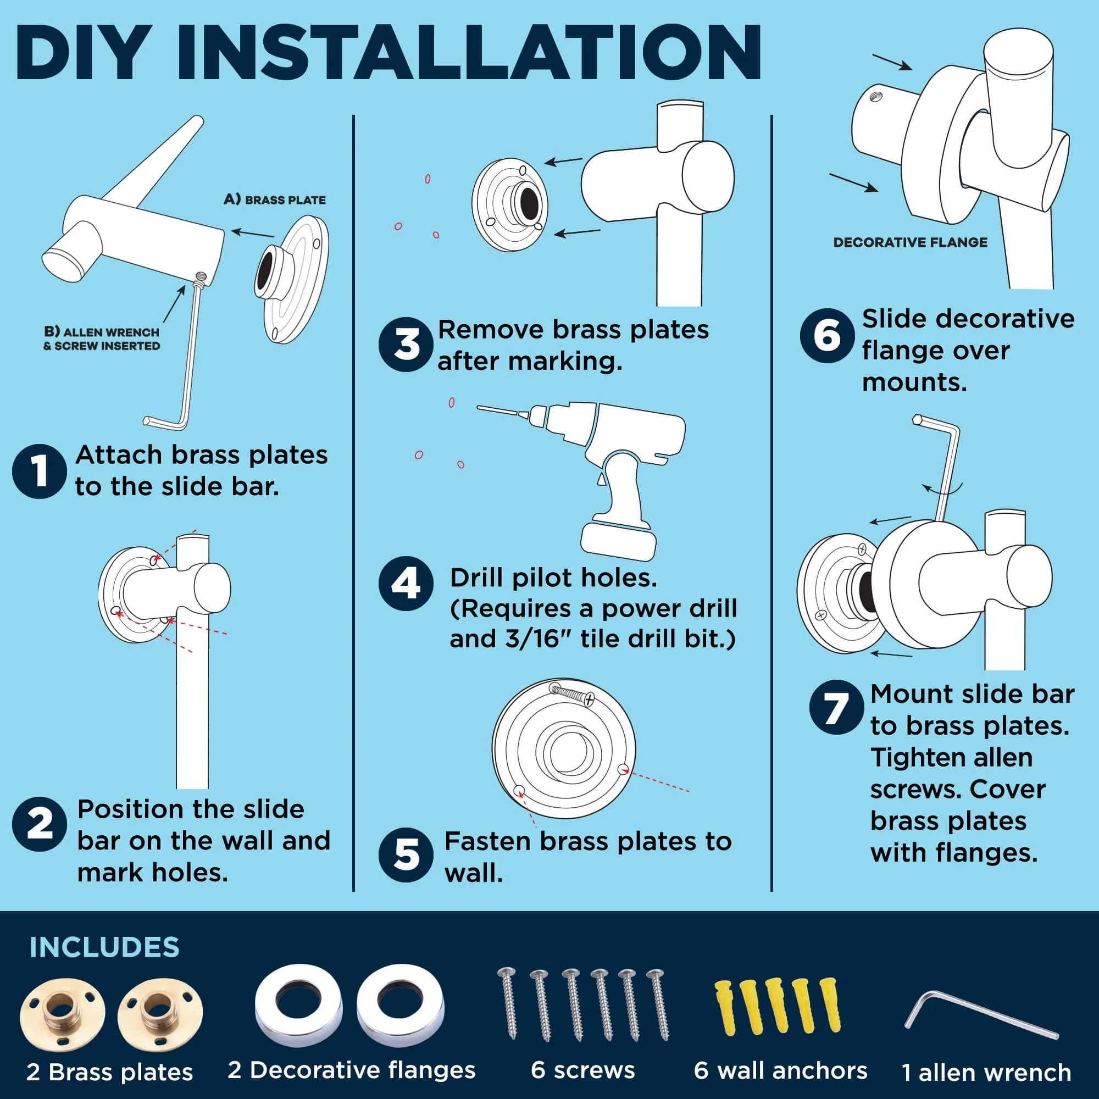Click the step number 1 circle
tap(39, 471)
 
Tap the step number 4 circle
tap(406, 584)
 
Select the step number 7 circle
tap(837, 707)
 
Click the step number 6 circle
tap(827, 336)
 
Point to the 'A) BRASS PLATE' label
tap(275, 199)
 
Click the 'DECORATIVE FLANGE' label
tap(911, 242)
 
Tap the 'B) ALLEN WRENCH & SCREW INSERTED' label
tap(102, 339)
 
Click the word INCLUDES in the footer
tap(104, 947)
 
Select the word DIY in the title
tap(86, 52)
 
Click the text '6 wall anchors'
tap(780, 1070)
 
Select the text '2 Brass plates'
tap(110, 1072)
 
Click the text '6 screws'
tap(583, 1070)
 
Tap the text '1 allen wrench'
tap(987, 1072)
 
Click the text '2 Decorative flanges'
tap(352, 1070)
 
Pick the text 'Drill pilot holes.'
tap(553, 578)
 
